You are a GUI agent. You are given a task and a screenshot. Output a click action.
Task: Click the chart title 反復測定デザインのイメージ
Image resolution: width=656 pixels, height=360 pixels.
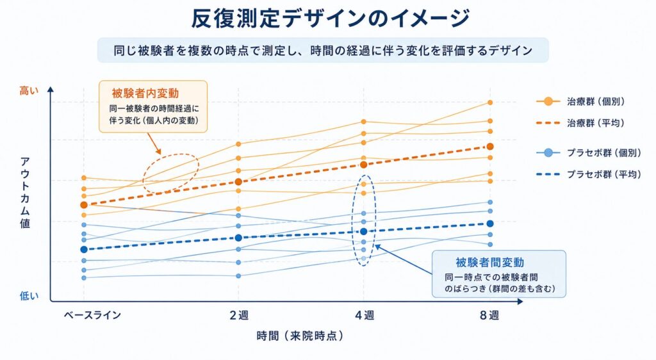331,19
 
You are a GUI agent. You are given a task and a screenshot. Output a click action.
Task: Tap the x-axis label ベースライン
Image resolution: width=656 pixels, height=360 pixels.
92,315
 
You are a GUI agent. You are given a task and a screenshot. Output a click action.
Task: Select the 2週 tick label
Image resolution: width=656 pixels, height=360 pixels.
239,315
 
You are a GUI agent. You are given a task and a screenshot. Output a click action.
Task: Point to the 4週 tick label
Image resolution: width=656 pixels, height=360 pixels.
365,315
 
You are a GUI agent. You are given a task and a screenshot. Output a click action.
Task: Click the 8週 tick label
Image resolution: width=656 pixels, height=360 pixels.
489,315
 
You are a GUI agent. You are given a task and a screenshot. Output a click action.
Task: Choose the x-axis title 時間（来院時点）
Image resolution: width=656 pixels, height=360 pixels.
300,336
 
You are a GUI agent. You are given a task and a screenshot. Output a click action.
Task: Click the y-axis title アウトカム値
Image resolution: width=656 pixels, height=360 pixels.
25,193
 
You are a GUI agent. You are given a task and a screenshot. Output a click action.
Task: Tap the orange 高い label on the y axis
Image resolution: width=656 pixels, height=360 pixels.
29,90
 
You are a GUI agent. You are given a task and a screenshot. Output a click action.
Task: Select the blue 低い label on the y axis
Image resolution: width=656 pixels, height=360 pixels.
29,295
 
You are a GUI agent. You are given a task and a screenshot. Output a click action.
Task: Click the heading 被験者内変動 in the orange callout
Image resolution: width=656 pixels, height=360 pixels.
145,93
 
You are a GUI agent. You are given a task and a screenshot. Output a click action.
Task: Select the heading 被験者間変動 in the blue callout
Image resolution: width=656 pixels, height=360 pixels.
490,262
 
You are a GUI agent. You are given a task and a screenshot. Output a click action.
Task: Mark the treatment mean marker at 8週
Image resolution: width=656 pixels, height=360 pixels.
490,146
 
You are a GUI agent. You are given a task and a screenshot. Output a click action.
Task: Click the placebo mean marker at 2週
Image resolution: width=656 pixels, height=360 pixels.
238,238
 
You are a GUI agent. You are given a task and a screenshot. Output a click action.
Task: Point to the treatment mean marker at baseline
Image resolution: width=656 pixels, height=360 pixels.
84,205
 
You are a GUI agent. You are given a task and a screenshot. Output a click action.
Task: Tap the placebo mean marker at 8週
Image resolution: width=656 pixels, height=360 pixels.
490,224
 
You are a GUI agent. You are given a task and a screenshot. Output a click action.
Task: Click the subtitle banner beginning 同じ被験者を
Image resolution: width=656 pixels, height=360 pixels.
323,51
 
